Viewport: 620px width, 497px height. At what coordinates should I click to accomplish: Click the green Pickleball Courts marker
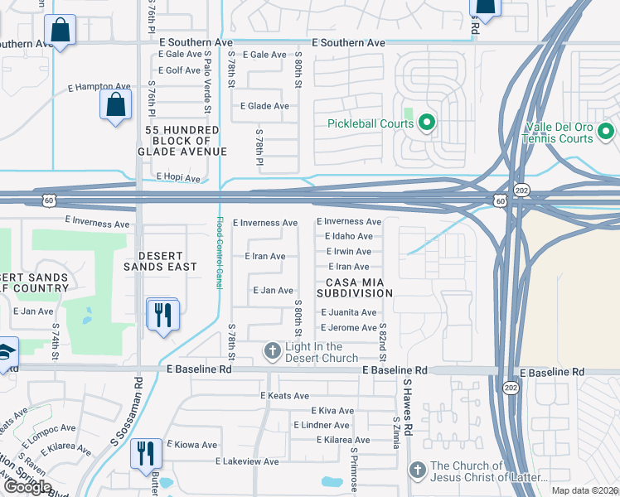(427, 124)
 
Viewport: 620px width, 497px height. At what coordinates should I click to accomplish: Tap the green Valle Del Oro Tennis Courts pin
(606, 130)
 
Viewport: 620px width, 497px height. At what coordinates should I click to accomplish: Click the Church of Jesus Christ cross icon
(418, 470)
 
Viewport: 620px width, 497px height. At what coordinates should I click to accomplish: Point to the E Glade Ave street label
(264, 106)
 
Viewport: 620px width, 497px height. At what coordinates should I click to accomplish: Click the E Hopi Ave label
(178, 178)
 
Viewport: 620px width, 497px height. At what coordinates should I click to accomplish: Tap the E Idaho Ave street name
(348, 237)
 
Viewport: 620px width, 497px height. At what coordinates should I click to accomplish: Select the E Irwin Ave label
(349, 252)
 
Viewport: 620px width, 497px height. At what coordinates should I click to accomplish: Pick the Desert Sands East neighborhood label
(161, 261)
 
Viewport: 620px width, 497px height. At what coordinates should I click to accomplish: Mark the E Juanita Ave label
(349, 312)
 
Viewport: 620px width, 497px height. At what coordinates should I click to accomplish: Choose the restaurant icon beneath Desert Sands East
(162, 315)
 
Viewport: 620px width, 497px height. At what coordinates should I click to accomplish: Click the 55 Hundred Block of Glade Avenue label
(182, 141)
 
